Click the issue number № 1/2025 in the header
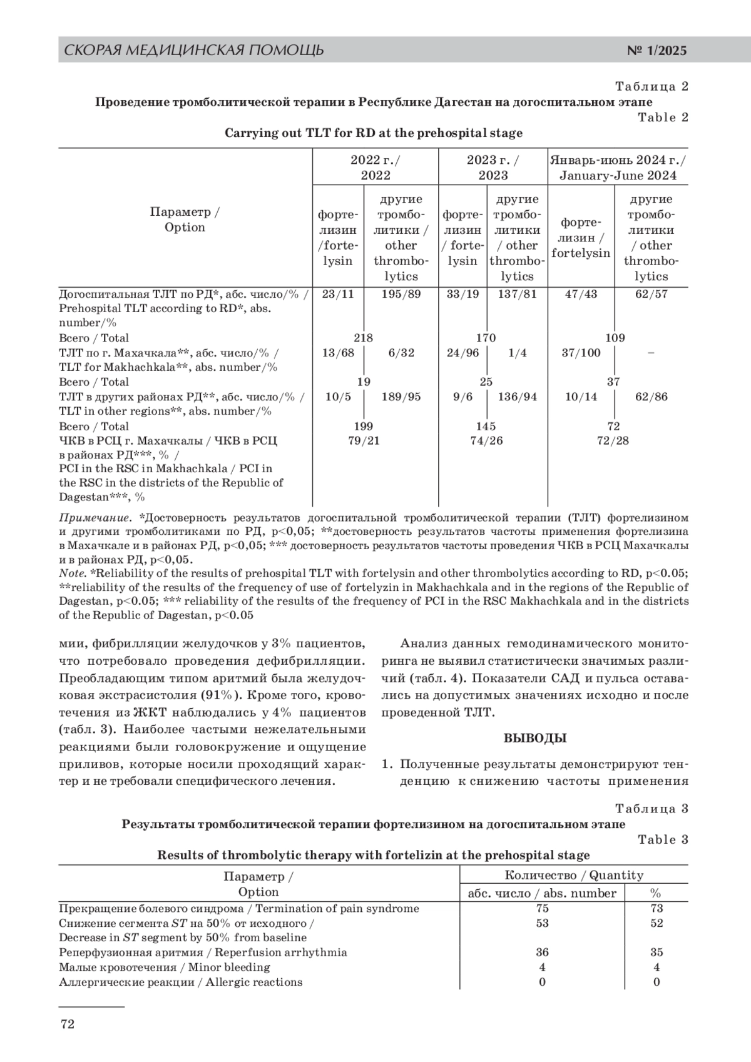(x=656, y=51)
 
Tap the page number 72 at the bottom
(x=67, y=1024)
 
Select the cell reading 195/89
(x=401, y=294)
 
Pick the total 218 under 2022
(x=363, y=338)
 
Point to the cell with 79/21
(x=364, y=441)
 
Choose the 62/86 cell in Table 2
(x=651, y=397)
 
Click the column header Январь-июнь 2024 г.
(x=618, y=167)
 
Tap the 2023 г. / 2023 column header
(x=493, y=167)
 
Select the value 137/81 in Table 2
(x=517, y=294)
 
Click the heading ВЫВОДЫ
(x=535, y=738)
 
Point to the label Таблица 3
(x=651, y=809)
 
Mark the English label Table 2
(x=663, y=118)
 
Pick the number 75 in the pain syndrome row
(x=542, y=909)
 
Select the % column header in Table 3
(x=656, y=894)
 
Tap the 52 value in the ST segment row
(x=656, y=923)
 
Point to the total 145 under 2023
(x=486, y=427)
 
